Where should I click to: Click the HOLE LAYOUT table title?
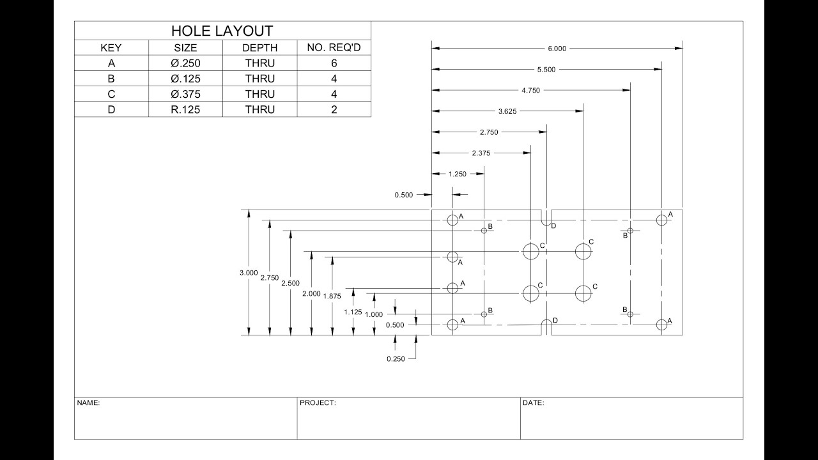tap(222, 31)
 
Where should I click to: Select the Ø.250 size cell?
tap(185, 63)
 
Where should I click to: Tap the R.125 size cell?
tap(185, 109)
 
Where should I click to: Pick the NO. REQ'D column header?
tap(334, 48)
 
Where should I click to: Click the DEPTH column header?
tap(259, 48)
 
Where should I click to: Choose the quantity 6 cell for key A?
tap(334, 63)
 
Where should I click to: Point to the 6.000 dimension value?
tap(557, 49)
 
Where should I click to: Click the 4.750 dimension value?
tap(530, 91)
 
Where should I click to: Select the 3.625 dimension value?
tap(507, 111)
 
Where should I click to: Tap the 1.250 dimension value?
tap(458, 174)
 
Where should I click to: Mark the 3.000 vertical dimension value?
tap(249, 273)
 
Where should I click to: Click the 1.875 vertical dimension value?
tap(332, 296)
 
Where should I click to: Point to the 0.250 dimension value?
tap(396, 359)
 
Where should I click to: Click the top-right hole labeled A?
tap(661, 220)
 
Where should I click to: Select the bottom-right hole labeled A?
tap(661, 325)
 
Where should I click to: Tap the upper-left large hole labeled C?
tap(531, 251)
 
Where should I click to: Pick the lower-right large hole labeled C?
tap(583, 293)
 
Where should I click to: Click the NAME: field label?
tap(88, 403)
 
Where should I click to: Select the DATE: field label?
tap(533, 403)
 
